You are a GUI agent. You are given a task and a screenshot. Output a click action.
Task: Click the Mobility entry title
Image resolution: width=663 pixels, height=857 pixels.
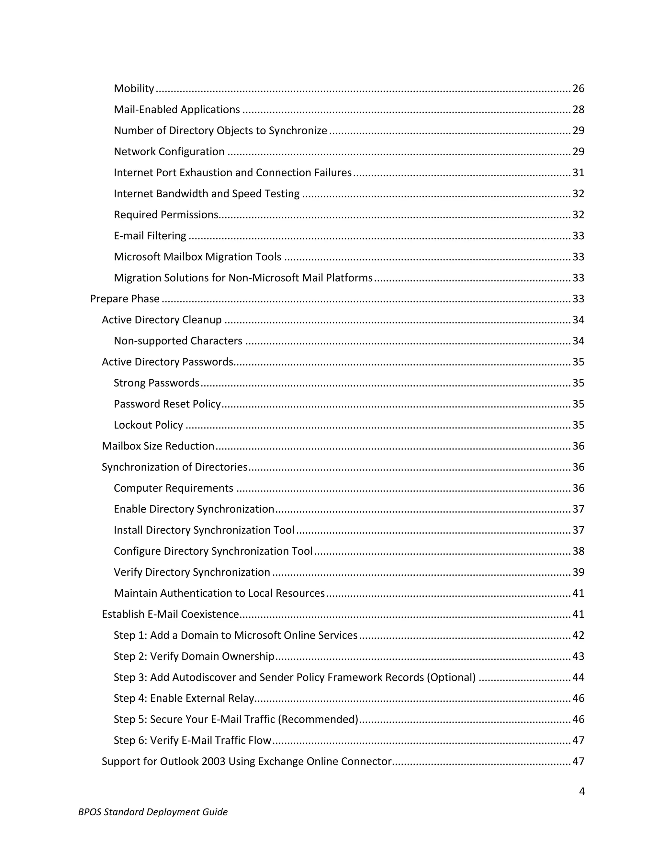(134, 89)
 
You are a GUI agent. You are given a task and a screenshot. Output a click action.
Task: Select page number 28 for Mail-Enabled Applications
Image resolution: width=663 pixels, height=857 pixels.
(578, 110)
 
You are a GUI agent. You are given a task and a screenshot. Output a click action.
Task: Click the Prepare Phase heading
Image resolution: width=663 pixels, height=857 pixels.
(125, 299)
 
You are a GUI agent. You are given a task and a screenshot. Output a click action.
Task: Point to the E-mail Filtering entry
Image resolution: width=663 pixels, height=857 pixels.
(150, 236)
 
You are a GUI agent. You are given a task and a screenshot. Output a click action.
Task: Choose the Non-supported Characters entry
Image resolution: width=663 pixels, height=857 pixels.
(178, 341)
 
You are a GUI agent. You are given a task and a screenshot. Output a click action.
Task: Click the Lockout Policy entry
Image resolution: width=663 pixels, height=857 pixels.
(148, 425)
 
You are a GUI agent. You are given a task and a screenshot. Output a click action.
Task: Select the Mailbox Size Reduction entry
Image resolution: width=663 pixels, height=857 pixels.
(158, 446)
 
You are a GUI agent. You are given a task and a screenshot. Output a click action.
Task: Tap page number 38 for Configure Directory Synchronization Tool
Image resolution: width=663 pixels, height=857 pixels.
(578, 551)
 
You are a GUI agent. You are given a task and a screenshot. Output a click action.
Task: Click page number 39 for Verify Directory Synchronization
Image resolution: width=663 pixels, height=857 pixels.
(578, 572)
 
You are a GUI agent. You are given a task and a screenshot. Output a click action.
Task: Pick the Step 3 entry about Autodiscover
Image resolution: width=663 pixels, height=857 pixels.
(295, 677)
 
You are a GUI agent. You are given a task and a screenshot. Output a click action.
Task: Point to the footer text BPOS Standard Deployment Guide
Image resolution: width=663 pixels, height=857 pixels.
(153, 812)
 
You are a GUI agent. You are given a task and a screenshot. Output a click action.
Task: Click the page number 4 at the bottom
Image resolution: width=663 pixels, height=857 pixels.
(582, 791)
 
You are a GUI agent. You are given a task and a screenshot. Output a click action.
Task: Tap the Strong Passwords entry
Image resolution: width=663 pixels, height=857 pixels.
(156, 383)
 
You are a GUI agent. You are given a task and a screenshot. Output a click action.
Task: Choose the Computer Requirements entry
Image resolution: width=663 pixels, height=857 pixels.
(173, 488)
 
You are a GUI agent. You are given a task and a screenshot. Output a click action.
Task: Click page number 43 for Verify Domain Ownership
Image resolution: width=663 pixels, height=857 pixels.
(578, 656)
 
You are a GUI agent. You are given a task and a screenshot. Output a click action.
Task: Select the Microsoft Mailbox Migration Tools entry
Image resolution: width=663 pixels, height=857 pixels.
(197, 257)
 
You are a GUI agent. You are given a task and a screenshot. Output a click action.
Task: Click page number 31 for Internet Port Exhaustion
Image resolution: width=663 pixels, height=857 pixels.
(578, 173)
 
